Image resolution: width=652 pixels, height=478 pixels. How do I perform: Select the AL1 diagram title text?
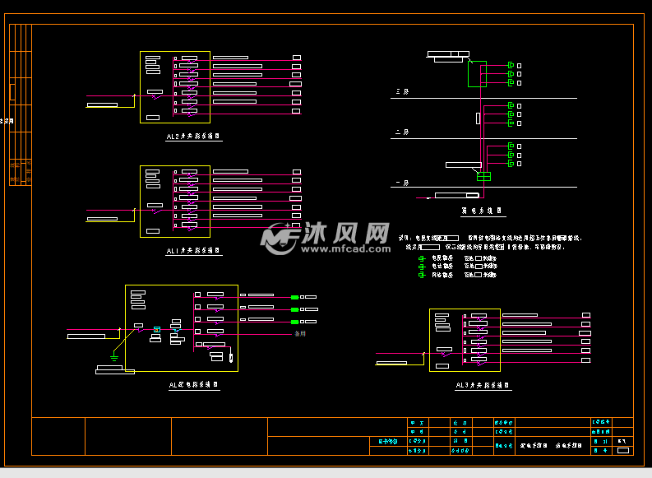pos(194,250)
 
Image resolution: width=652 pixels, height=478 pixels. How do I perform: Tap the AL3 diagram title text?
pos(483,384)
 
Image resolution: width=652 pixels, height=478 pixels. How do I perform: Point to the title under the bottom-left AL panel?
pos(194,384)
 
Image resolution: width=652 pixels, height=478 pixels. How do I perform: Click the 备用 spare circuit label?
pos(301,334)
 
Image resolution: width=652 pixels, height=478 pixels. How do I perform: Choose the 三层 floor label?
pos(402,91)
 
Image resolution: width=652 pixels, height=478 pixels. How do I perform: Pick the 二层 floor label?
pos(402,132)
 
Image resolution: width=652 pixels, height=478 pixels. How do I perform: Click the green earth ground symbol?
pos(114,357)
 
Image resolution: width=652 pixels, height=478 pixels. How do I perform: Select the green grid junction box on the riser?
pos(483,176)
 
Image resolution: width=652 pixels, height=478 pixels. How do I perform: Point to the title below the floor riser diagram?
pos(482,211)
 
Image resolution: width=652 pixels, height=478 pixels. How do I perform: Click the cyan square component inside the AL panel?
pos(157,330)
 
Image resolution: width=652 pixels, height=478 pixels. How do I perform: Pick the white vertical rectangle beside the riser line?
pos(478,118)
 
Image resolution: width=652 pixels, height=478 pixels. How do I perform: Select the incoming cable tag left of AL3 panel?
pos(391,362)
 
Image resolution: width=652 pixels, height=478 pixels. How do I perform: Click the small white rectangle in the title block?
pos(622,450)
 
